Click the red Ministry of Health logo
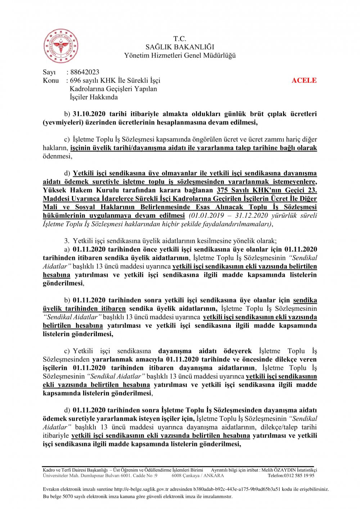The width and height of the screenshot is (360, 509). tap(61, 46)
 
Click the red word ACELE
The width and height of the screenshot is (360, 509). tap(304, 80)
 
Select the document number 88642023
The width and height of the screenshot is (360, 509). tap(85, 72)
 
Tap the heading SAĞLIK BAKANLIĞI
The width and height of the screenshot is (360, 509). tap(180, 47)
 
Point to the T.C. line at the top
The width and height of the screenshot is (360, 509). tap(180, 39)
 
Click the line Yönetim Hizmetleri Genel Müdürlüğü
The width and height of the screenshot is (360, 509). tap(180, 55)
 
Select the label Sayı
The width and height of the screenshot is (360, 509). tap(49, 72)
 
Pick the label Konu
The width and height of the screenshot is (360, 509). tap(51, 80)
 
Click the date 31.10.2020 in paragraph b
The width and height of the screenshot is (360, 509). tap(89, 114)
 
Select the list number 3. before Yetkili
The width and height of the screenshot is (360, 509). tap(67, 241)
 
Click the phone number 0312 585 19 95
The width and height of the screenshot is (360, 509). tap(299, 476)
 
